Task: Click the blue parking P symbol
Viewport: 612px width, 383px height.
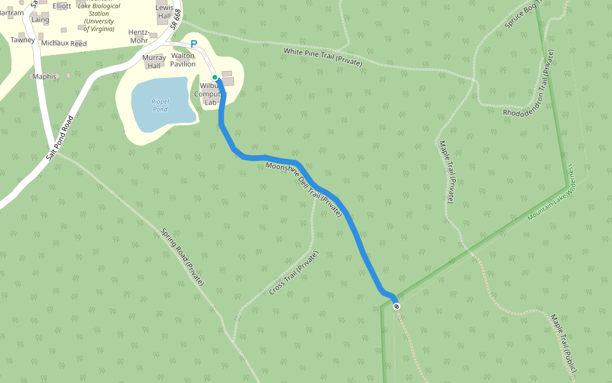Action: (x=194, y=44)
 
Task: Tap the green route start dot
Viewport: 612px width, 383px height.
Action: (x=215, y=77)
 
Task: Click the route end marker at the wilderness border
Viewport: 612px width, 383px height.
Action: (x=397, y=306)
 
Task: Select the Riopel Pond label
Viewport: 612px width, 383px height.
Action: (x=160, y=105)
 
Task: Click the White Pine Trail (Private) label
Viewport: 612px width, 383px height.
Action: (x=323, y=57)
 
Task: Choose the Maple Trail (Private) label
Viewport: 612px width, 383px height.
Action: (x=446, y=172)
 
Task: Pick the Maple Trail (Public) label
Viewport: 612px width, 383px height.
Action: (x=564, y=343)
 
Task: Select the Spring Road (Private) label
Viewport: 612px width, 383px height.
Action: (x=182, y=257)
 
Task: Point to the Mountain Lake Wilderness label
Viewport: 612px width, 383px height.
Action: (x=551, y=193)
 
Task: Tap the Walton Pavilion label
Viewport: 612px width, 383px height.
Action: (x=183, y=60)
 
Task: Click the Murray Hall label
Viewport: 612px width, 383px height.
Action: (x=154, y=61)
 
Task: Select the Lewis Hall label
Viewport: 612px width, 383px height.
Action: (x=164, y=11)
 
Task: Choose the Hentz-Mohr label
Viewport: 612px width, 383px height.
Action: (x=138, y=36)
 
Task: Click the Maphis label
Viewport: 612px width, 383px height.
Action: (x=45, y=77)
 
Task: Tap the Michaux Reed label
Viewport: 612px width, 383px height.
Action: (x=63, y=44)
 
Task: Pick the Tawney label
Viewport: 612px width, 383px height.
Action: (x=22, y=40)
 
